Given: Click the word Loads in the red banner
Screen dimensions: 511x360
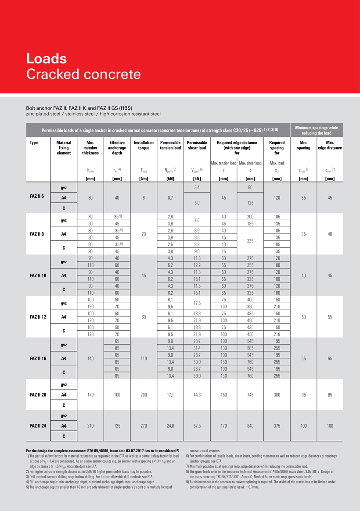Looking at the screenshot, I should [x=47, y=58].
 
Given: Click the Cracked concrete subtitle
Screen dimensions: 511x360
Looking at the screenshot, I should [x=83, y=74].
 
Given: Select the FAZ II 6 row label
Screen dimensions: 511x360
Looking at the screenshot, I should [x=37, y=197].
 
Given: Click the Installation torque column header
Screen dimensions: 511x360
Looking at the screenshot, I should [x=144, y=145].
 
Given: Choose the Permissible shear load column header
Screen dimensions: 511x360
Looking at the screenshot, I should [x=197, y=145].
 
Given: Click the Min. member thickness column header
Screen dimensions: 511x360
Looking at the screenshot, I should [x=90, y=148].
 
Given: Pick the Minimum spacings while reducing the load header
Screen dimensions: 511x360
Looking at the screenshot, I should [x=316, y=130].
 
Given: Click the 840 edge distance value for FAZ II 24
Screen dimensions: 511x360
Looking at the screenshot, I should [x=250, y=425].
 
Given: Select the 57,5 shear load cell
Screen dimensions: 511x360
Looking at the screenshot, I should [x=197, y=425].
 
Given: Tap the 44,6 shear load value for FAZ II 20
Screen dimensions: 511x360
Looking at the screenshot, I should [x=197, y=394].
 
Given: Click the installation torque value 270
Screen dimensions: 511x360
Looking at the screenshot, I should [x=144, y=425].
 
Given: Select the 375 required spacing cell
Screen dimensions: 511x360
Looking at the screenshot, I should [x=277, y=425].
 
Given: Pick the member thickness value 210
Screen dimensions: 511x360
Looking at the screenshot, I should [x=90, y=425].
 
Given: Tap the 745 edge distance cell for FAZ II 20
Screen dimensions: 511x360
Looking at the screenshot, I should [x=250, y=394].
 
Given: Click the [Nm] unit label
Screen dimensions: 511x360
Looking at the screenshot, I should [x=144, y=179].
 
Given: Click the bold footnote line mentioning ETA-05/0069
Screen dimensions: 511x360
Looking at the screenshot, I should [x=102, y=450].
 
